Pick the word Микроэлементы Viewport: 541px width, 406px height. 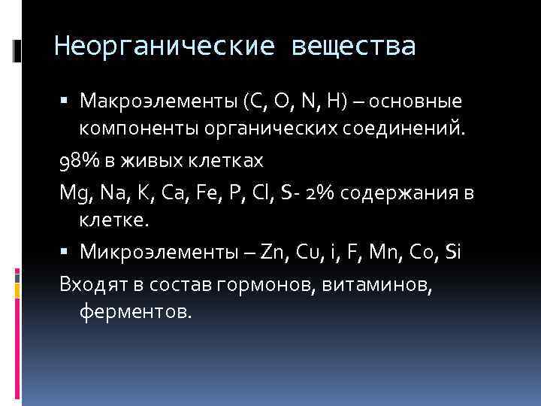point(150,253)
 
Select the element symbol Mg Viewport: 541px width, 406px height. point(72,192)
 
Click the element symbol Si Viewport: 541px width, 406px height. point(452,253)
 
